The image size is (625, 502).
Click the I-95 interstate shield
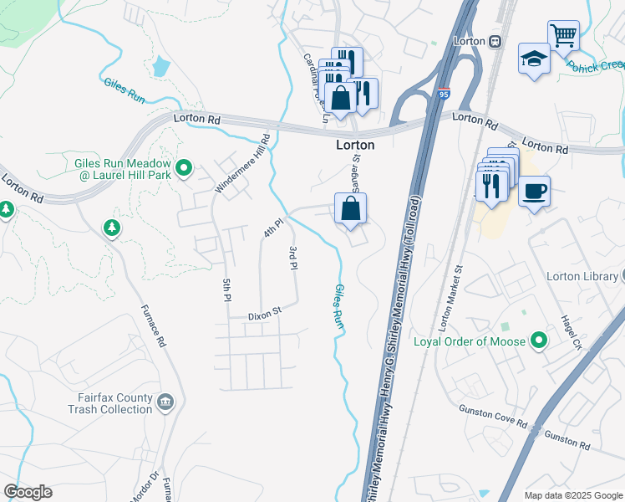click(444, 95)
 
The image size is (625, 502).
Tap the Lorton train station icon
click(495, 41)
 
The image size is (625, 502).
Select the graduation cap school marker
click(533, 59)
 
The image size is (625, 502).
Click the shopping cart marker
click(564, 35)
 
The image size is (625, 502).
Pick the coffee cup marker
click(534, 191)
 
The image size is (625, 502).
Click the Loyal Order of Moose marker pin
click(539, 341)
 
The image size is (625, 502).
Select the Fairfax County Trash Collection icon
click(165, 403)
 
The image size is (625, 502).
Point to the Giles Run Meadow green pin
click(185, 169)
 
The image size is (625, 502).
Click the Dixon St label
click(267, 316)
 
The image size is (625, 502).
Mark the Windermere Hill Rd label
click(243, 163)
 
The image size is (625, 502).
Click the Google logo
click(28, 492)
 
